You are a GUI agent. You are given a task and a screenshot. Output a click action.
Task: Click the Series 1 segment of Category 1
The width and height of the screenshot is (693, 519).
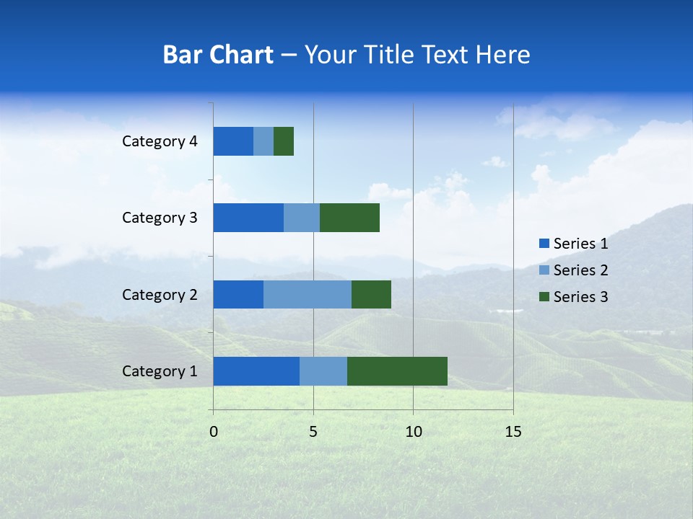tap(256, 371)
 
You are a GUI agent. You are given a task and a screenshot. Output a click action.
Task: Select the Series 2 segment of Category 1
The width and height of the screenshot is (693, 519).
tap(323, 371)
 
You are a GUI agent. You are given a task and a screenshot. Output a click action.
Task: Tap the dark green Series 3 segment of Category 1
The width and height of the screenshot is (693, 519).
tap(397, 371)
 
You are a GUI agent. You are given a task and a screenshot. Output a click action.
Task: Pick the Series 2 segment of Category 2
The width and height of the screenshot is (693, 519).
tap(308, 294)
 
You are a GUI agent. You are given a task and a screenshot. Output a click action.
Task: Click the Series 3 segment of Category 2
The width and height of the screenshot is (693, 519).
tap(371, 294)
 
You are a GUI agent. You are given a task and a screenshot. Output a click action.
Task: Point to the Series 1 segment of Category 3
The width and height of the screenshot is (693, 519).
tap(248, 218)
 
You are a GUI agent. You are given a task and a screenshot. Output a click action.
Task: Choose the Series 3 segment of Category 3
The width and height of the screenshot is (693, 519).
tap(349, 218)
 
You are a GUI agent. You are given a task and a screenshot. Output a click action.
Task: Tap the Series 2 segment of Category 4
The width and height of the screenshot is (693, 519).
tap(263, 141)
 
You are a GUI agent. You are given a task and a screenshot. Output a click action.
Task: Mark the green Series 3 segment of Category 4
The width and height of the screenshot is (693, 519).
tap(284, 141)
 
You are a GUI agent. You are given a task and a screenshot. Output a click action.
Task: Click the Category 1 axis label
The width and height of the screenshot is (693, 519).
tap(160, 371)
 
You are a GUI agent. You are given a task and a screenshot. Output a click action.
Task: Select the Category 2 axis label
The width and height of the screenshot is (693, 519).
tap(160, 294)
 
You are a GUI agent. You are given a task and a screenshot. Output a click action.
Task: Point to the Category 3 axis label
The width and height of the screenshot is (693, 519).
tap(160, 218)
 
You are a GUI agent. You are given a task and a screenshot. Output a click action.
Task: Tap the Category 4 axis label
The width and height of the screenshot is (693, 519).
tap(160, 141)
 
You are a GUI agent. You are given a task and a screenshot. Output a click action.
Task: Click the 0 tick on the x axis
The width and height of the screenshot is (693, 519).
tap(214, 432)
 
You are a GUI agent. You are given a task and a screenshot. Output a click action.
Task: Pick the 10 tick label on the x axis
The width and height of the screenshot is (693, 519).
tap(413, 432)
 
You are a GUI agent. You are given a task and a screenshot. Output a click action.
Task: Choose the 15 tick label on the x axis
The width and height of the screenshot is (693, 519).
tap(513, 432)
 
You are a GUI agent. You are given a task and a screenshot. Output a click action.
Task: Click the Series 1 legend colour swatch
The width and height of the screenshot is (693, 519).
tap(544, 244)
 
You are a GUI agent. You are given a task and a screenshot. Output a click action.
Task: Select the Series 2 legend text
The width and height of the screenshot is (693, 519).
tap(580, 270)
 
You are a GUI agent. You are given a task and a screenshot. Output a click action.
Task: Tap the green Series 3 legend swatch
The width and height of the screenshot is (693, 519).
tap(544, 297)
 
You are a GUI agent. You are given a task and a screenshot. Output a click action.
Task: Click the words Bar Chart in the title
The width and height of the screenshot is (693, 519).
tap(218, 55)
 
